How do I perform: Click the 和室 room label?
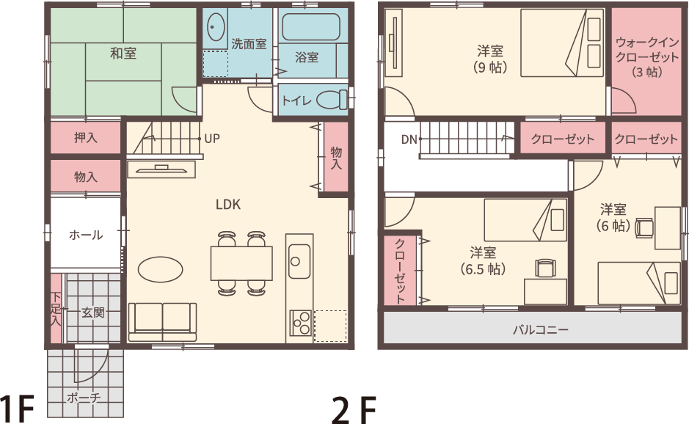(123, 54)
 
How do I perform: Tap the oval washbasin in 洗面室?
(215, 27)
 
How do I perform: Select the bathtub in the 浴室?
(310, 27)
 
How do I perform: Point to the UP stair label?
(212, 139)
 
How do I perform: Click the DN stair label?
(409, 139)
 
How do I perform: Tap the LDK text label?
(228, 205)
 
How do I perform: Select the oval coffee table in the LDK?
(161, 269)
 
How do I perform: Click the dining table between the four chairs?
(241, 263)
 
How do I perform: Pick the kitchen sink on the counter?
(299, 261)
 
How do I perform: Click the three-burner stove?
(301, 323)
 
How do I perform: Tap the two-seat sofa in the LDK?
(163, 321)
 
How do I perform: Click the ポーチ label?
(83, 398)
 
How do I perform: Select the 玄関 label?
(93, 312)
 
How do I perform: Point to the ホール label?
(86, 235)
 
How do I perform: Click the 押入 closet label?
(86, 137)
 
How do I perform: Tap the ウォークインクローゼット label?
(647, 57)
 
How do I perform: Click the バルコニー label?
(541, 329)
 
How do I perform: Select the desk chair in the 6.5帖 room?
(545, 268)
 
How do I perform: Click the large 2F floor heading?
(354, 410)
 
